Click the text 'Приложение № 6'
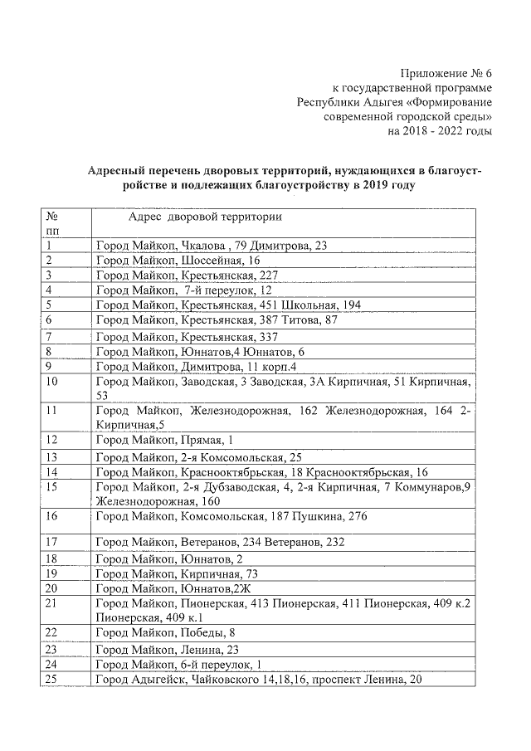(x=445, y=73)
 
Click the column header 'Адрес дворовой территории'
(x=204, y=217)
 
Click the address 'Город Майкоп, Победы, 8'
(x=165, y=632)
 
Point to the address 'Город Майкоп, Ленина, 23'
(x=167, y=650)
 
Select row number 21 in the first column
(x=51, y=603)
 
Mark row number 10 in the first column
(x=51, y=382)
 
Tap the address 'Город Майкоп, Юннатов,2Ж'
(x=173, y=588)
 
